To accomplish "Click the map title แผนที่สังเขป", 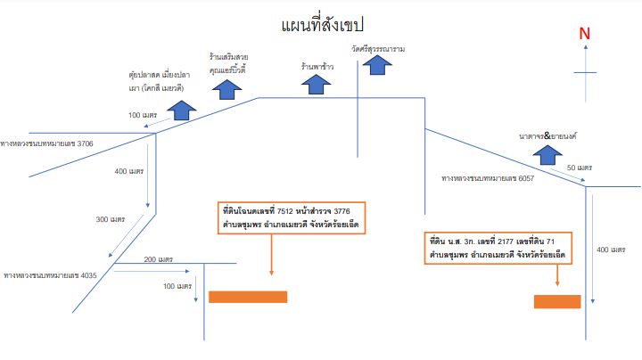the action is pos(322,25).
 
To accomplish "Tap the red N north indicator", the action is pos(584,34).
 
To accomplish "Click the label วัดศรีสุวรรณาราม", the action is pos(378,49).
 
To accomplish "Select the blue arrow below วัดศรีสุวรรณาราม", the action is pos(377,65).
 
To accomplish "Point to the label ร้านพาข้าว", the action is pos(317,66).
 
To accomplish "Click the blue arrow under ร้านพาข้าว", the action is pos(316,85).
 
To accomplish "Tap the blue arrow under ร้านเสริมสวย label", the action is pos(226,90).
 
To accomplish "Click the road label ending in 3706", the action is pos(46,143).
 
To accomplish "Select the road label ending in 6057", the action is pos(488,178).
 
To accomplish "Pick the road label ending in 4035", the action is pos(50,275).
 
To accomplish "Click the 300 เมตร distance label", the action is pos(111,219).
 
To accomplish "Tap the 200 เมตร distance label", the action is pos(159,259).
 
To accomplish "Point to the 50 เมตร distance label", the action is pos(580,168).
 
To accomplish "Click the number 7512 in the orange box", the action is pos(285,211).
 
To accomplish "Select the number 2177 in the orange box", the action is pos(506,241).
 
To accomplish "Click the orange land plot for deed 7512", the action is pos(248,297).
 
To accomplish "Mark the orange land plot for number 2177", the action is pos(557,301).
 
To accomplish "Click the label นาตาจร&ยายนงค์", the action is pos(547,135).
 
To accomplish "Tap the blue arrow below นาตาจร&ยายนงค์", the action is pos(547,155).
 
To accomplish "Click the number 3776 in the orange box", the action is pos(342,211).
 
